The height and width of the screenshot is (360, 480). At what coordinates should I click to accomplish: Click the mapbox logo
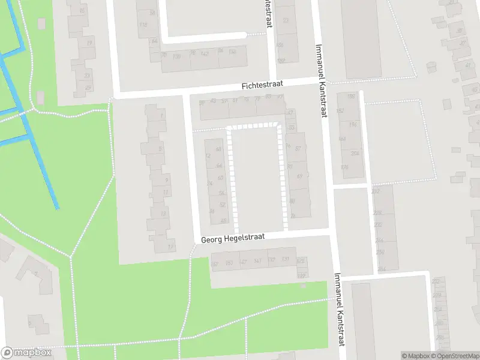(26, 352)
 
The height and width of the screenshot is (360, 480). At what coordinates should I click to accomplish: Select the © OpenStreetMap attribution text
(453, 356)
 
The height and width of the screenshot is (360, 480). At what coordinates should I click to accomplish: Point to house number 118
(143, 25)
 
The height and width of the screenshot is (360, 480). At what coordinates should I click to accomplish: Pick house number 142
(205, 54)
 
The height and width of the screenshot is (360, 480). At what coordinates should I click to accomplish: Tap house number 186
(280, 45)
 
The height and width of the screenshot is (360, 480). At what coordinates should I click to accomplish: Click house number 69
(299, 176)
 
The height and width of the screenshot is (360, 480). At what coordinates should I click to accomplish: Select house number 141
(257, 261)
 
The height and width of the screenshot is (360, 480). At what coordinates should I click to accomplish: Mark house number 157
(214, 263)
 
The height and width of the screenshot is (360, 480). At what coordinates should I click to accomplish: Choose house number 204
(355, 154)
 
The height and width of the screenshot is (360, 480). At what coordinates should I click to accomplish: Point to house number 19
(89, 43)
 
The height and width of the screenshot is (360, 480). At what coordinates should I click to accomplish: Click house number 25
(88, 88)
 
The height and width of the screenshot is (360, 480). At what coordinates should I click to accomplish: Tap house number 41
(467, 65)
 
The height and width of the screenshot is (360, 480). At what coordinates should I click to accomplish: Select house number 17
(170, 247)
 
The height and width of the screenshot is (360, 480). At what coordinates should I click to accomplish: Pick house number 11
(166, 193)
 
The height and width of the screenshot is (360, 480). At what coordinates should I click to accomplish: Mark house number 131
(285, 260)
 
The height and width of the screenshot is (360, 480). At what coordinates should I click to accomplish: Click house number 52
(222, 205)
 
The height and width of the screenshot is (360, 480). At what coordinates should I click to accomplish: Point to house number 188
(351, 96)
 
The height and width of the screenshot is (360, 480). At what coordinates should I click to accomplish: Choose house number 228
(377, 213)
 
